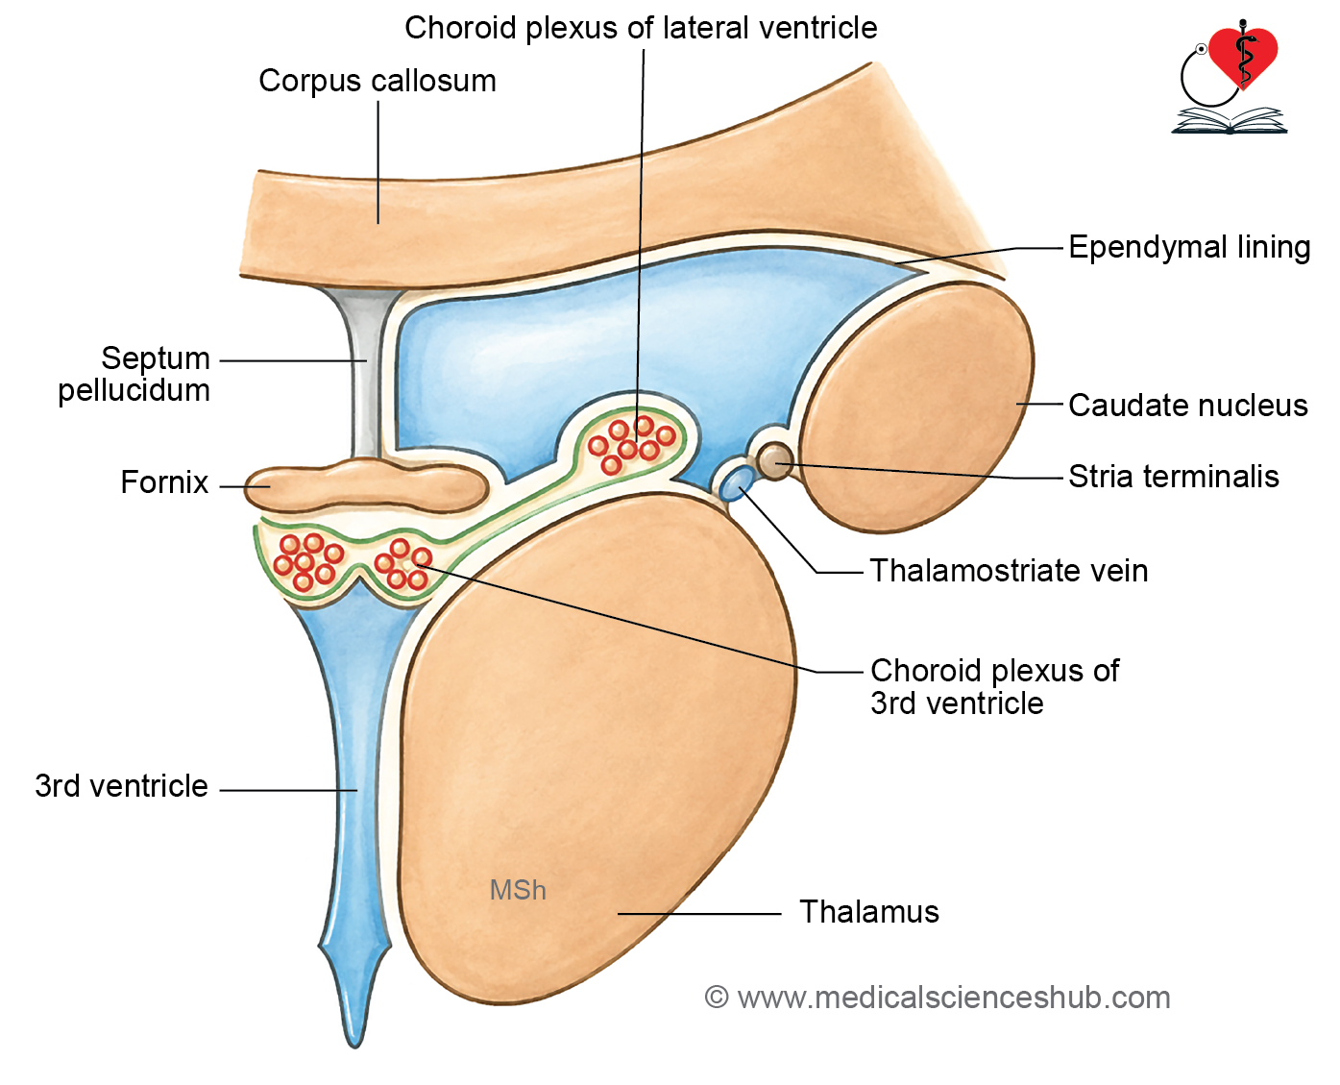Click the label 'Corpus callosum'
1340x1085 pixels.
pos(378,81)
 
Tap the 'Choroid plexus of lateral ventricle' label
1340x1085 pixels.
pos(641,28)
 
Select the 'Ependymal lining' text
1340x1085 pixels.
pos(1189,247)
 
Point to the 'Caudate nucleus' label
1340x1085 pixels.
pos(1188,405)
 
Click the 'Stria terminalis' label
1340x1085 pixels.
pos(1174,477)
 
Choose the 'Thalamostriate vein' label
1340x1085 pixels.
pos(1010,571)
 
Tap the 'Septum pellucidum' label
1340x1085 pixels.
pos(134,374)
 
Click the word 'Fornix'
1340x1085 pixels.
pos(164,482)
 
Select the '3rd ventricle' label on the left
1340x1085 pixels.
pos(121,786)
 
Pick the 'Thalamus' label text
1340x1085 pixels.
pos(868,912)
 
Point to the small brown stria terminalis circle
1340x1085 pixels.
pos(774,460)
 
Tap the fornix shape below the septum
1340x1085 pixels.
pos(366,485)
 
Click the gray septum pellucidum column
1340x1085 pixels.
pos(364,371)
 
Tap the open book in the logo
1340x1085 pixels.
pos(1230,121)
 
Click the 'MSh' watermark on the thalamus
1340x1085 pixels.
pos(518,890)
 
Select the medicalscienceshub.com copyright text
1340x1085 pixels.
pos(938,999)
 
